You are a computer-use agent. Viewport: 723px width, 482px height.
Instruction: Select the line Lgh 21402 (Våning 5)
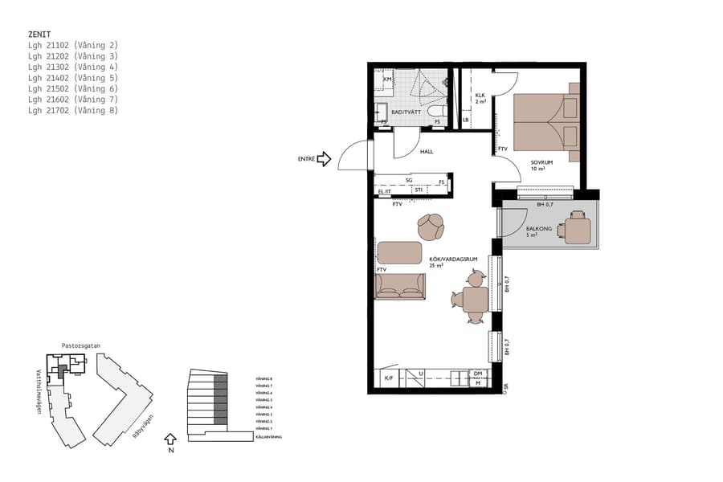(x=72, y=78)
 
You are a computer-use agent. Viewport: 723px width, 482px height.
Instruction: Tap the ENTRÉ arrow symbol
(x=324, y=159)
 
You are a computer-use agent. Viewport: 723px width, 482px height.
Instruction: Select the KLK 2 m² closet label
(x=480, y=99)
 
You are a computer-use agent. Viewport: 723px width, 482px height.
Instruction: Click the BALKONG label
(x=537, y=229)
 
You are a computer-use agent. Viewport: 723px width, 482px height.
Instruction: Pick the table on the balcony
(x=577, y=228)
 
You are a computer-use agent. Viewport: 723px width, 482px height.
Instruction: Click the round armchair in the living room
(x=431, y=227)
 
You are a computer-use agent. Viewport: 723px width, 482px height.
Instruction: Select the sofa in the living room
(x=399, y=286)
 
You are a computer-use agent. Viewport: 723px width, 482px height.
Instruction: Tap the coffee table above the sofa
(x=399, y=252)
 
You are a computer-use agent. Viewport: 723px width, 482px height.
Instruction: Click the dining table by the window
(x=475, y=300)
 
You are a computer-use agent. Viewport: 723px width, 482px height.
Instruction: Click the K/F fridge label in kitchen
(x=388, y=378)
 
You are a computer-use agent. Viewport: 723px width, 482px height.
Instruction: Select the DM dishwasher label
(x=477, y=374)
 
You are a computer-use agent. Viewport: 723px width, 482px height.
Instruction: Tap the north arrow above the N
(x=169, y=439)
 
